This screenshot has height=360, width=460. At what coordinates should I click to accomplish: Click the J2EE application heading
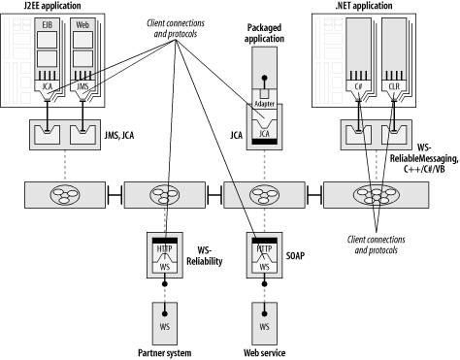click(52, 6)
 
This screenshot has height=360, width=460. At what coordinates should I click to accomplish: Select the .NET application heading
click(364, 6)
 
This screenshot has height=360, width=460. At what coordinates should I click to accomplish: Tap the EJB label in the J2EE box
click(48, 24)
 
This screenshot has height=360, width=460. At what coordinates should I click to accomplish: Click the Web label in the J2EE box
click(82, 24)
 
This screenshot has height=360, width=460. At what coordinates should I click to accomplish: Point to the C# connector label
click(358, 86)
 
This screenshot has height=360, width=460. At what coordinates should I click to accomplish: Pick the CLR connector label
click(394, 86)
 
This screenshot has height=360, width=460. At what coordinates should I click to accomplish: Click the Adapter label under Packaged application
click(265, 104)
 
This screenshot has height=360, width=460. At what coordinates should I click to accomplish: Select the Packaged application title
click(264, 33)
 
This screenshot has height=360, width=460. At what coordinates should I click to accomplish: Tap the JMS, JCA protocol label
click(119, 135)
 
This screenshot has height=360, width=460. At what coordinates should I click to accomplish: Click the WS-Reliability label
click(205, 255)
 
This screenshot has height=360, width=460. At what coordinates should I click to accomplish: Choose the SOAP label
click(295, 256)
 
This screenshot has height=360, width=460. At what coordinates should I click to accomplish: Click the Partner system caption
click(165, 352)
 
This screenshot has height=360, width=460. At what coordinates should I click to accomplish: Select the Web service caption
click(264, 352)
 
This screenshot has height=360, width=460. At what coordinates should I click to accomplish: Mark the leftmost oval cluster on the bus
click(65, 195)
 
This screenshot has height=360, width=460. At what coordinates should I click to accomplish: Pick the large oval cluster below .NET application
click(377, 195)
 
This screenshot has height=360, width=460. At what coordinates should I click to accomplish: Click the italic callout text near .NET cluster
click(376, 245)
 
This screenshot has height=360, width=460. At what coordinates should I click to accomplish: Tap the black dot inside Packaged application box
click(265, 78)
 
